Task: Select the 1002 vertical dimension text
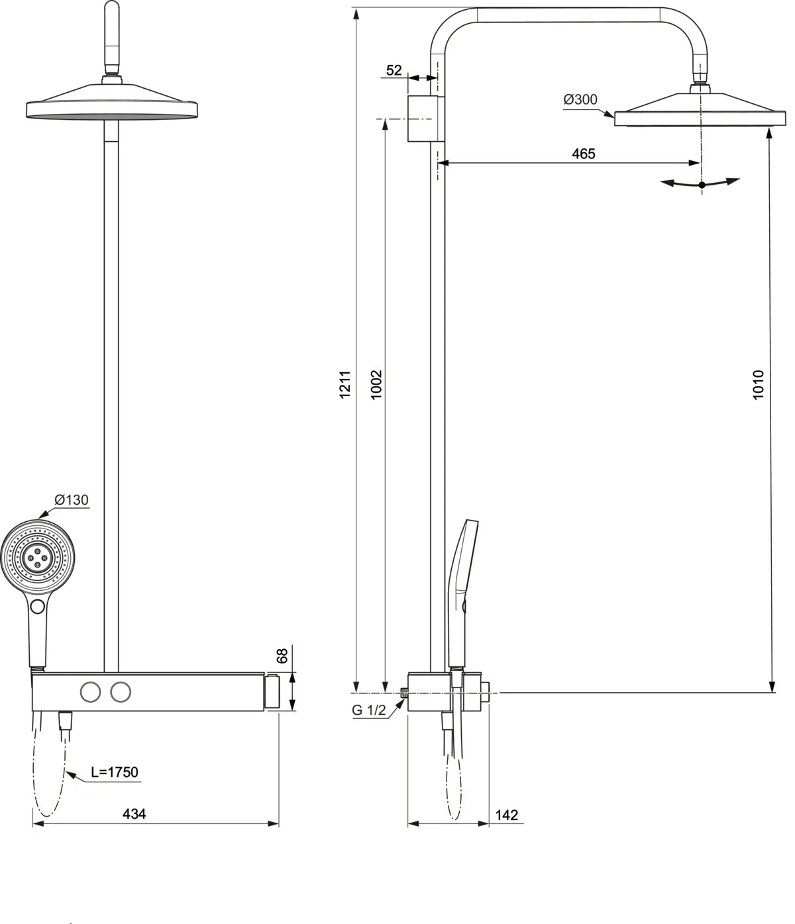376,384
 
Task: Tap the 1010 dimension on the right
759,384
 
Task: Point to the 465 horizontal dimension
584,154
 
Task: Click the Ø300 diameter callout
580,99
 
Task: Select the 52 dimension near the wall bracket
394,70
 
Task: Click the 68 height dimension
282,656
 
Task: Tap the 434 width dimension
134,813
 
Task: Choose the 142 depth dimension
506,815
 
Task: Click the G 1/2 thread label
368,710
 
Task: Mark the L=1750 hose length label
115,772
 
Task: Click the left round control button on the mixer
90,692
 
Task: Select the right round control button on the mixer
120,692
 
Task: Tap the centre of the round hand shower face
38,558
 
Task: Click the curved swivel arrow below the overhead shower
702,184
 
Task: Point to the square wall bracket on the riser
422,119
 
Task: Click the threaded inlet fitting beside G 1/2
404,693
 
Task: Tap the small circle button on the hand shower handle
38,606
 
